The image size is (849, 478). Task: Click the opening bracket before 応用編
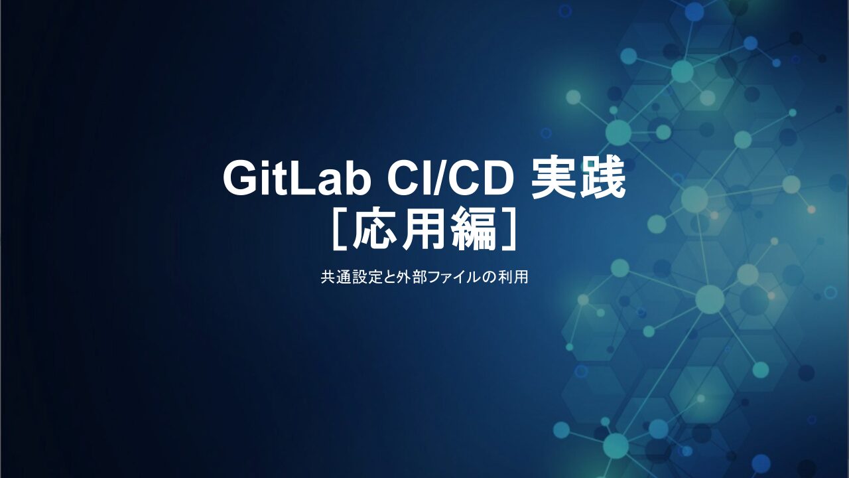pyautogui.click(x=342, y=229)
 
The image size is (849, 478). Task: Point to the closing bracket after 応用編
pyautogui.click(x=507, y=229)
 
